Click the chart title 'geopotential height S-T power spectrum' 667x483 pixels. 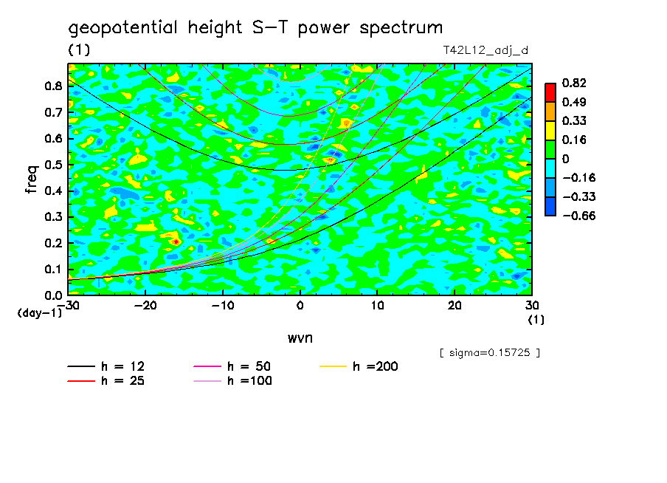click(255, 28)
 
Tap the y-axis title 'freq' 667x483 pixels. click(32, 179)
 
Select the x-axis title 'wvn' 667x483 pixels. click(300, 338)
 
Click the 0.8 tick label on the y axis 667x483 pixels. click(54, 86)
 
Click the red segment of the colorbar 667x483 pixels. click(550, 92)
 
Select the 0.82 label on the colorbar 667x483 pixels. click(574, 83)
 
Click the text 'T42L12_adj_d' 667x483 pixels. click(485, 50)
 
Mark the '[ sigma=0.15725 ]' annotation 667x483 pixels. click(489, 352)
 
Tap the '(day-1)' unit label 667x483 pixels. click(40, 313)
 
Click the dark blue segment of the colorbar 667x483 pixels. click(550, 206)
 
